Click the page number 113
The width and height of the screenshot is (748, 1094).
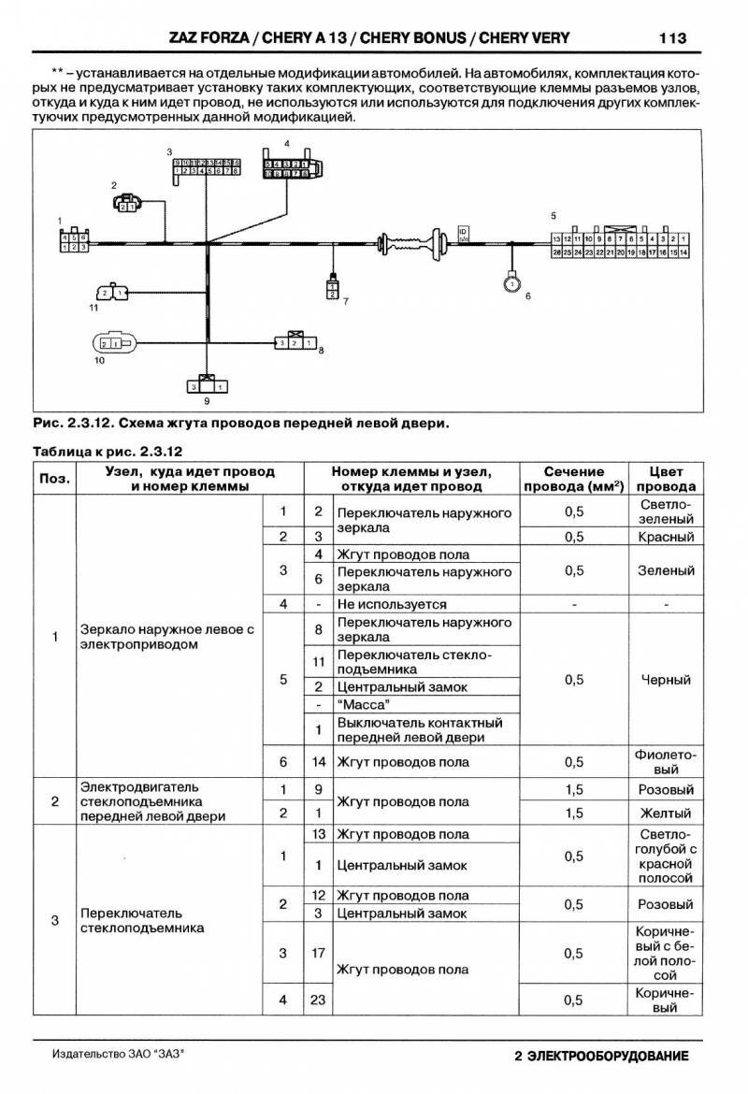[672, 38]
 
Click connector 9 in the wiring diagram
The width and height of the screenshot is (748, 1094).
[205, 384]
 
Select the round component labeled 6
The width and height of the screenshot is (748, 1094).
[511, 281]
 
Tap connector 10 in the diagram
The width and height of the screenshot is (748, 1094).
[117, 344]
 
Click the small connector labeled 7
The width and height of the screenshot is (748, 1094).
[331, 288]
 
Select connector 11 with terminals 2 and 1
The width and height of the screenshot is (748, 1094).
[115, 294]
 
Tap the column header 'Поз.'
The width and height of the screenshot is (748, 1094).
[54, 479]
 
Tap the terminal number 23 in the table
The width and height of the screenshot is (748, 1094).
[318, 1000]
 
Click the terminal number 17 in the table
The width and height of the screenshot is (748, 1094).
[318, 953]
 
